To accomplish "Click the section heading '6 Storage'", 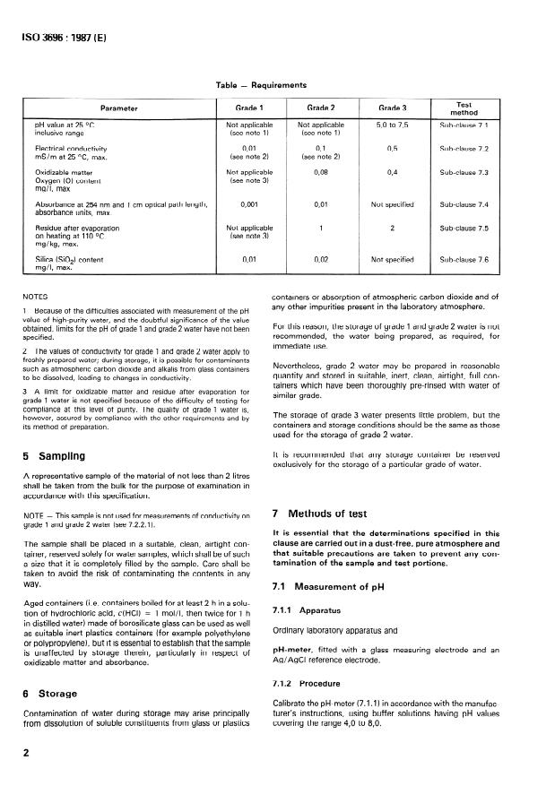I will [x=50, y=693].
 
